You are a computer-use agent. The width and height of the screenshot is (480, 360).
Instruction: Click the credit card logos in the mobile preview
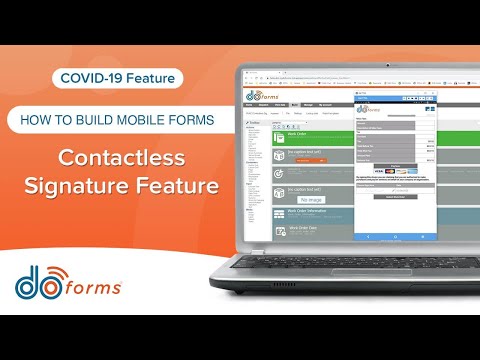pyautogui.click(x=383, y=170)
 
